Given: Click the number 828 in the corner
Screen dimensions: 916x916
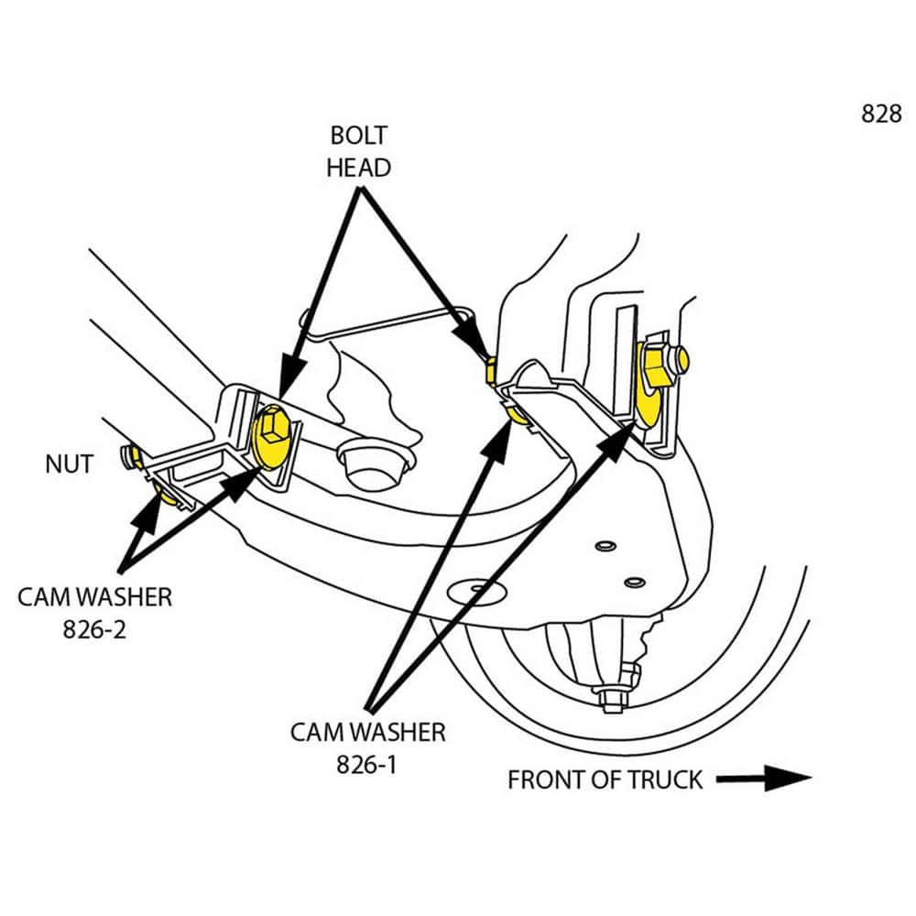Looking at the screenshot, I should coord(881,114).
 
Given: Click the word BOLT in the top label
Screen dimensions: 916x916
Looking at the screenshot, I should coord(358,136).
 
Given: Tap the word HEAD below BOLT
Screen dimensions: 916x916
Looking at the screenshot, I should coord(358,168).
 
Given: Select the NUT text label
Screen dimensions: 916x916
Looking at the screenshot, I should coord(69,463).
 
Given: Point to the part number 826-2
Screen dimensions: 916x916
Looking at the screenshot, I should coord(95,630).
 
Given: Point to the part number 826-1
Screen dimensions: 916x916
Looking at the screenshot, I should coord(366,765).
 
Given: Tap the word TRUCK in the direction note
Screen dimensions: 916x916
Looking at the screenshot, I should coord(665,780).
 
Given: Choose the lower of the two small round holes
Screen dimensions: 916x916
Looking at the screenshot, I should coord(631,582).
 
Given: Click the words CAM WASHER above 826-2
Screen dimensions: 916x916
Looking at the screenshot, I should coord(95,597).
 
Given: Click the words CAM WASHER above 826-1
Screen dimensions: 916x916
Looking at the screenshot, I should coord(367,732).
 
